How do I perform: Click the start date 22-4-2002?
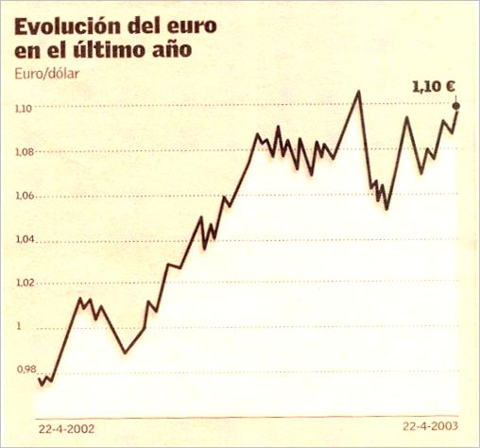67,427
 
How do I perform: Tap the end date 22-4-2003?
430,427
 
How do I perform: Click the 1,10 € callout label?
434,86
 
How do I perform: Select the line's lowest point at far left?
41,385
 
